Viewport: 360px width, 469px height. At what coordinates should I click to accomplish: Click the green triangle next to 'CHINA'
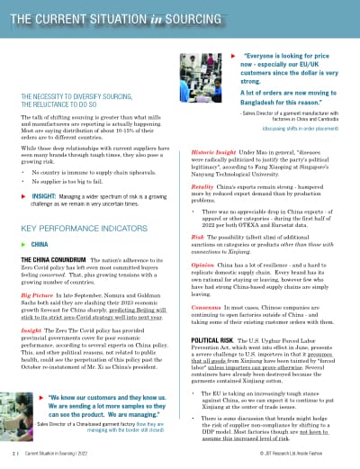click(23, 243)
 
